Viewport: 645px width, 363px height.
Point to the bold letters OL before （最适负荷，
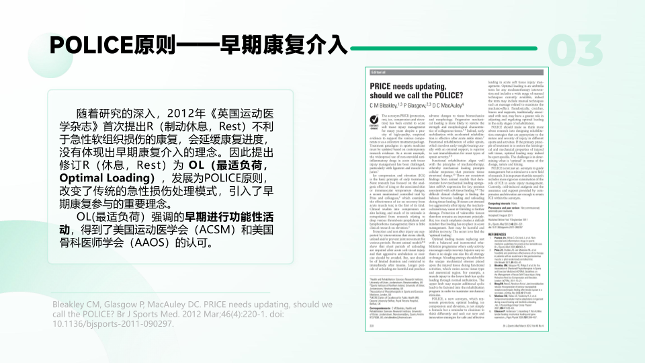(196, 163)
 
